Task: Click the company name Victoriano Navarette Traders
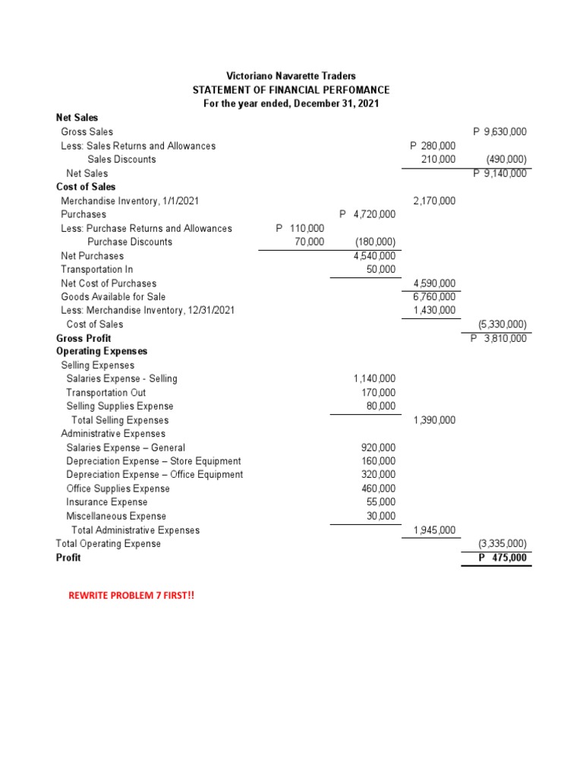click(291, 76)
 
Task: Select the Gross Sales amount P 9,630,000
click(499, 131)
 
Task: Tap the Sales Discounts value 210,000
click(438, 159)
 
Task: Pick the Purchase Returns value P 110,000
click(300, 228)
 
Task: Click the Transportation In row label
click(97, 269)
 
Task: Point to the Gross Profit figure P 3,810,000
click(499, 338)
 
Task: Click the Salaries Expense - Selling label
click(121, 378)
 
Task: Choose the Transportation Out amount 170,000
click(378, 392)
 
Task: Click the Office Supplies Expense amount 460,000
click(378, 489)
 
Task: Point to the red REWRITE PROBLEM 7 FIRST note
click(131, 596)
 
